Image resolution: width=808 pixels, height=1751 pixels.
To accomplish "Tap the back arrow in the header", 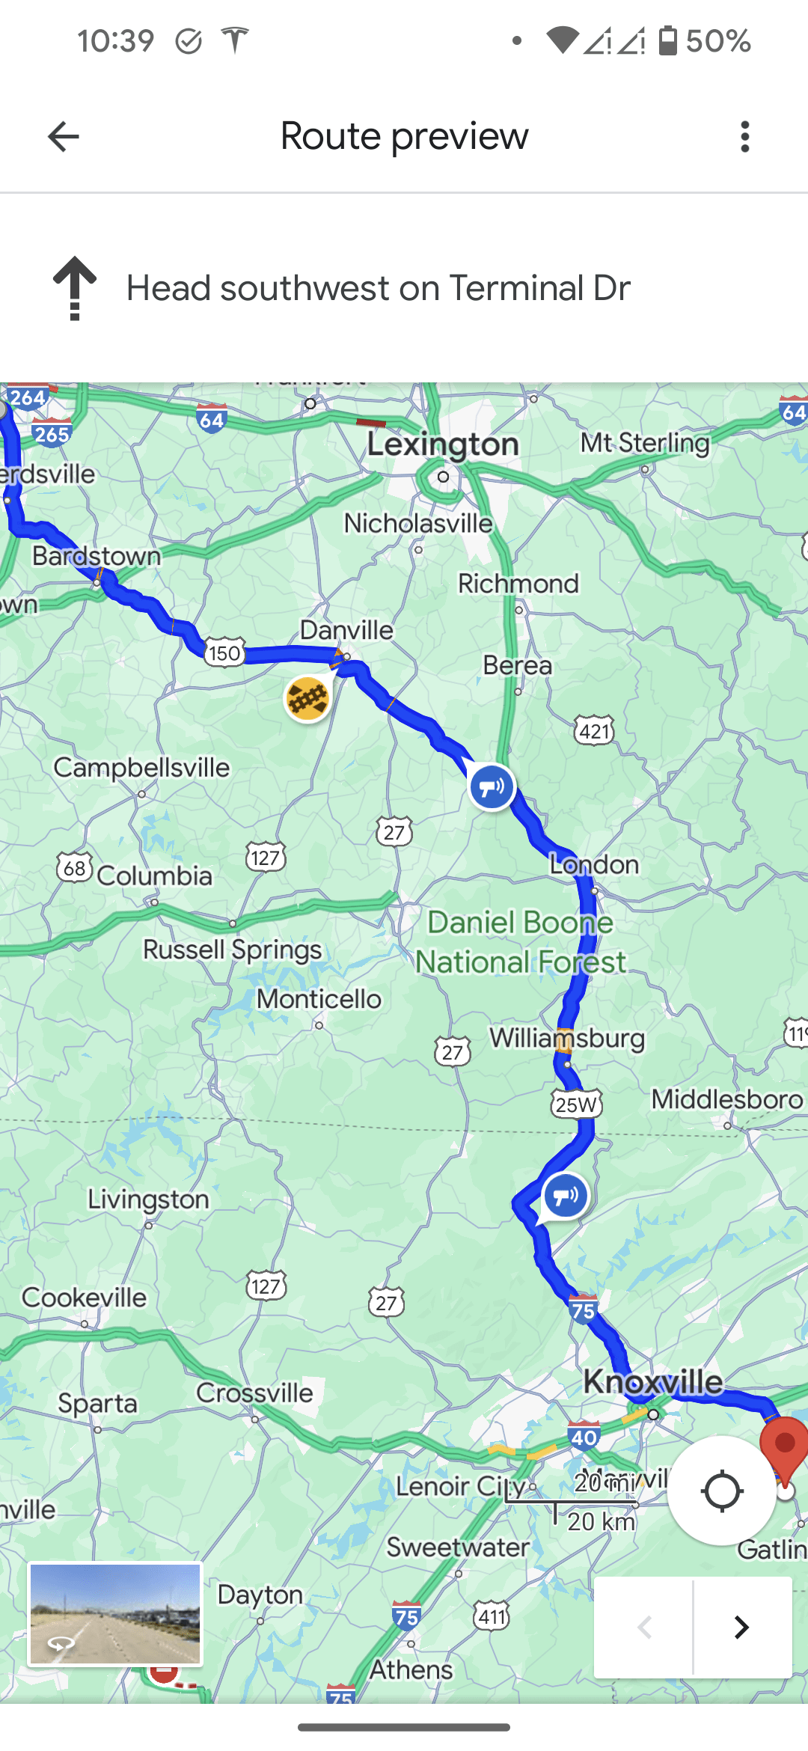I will tap(63, 137).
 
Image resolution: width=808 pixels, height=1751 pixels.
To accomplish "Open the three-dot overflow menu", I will tap(744, 137).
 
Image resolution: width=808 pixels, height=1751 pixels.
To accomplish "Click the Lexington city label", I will tap(442, 444).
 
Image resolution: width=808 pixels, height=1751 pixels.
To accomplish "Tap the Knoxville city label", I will tap(653, 1381).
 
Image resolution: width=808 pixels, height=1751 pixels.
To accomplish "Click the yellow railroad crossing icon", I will tap(307, 699).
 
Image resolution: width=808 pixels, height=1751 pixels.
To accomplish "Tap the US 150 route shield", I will tap(224, 653).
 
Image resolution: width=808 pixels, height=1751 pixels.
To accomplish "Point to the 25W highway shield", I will tap(576, 1104).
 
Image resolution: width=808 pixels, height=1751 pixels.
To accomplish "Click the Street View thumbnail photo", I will tap(115, 1614).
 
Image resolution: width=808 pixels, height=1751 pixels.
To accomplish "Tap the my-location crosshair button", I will tap(721, 1491).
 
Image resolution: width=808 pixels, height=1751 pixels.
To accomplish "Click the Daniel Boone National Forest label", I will tap(521, 942).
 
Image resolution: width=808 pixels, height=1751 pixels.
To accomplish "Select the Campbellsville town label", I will tap(141, 768).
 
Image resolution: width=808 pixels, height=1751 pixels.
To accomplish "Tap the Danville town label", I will tap(346, 630).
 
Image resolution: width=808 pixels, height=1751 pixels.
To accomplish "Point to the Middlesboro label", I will tap(726, 1099).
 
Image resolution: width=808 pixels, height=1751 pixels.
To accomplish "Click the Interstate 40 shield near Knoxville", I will tap(584, 1437).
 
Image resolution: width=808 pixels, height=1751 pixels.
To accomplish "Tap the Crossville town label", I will tap(254, 1393).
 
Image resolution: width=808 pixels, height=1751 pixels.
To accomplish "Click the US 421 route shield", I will tap(595, 730).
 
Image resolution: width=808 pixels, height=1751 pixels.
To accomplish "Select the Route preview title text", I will tap(404, 136).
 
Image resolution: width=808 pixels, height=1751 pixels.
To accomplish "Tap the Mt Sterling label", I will tap(645, 443).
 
